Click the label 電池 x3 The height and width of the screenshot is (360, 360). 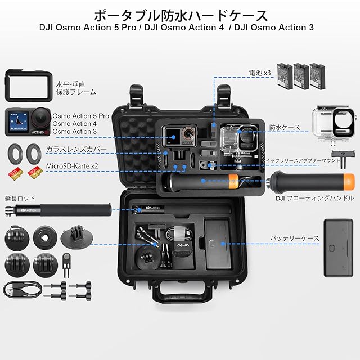click(260, 73)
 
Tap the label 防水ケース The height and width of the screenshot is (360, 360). click(285, 128)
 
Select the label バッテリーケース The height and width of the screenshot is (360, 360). click(295, 238)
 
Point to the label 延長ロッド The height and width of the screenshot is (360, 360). click(20, 198)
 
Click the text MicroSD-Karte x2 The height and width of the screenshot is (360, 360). click(72, 166)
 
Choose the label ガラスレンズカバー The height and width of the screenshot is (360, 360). click(76, 150)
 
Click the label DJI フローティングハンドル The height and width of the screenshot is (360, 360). click(315, 198)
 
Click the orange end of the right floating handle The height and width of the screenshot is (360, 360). click(349, 182)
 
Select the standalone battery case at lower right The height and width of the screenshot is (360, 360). click(339, 248)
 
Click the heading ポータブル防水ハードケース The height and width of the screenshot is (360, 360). click(181, 15)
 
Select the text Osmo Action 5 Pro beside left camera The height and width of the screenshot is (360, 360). click(80, 116)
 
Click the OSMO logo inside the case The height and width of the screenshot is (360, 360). click(183, 245)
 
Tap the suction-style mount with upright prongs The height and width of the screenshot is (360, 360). click(76, 237)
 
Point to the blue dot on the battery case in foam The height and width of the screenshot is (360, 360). click(223, 244)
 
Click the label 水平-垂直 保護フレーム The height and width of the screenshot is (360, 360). click(76, 88)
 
